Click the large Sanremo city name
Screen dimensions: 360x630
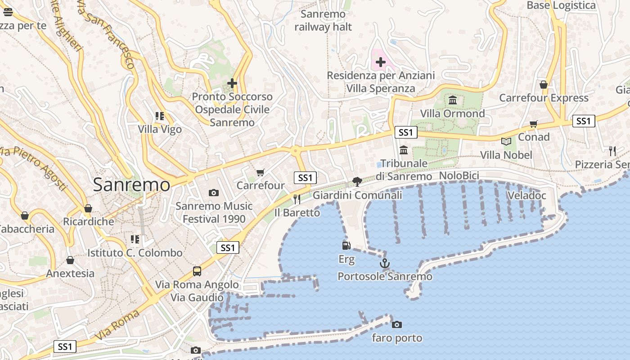[x=131, y=185]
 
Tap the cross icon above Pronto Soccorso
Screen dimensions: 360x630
[x=232, y=83]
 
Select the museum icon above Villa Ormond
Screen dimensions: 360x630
[x=453, y=100]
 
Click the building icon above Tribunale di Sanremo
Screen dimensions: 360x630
[x=404, y=150]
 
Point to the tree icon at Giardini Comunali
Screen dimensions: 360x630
[x=357, y=182]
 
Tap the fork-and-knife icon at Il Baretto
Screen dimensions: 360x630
[x=297, y=199]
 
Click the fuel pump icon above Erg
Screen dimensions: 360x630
[x=346, y=246]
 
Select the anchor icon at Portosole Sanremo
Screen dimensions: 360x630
[x=384, y=263]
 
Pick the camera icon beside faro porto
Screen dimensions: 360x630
[x=396, y=324]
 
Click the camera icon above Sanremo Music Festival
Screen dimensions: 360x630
[x=214, y=193]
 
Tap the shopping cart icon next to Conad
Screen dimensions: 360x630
[x=534, y=124]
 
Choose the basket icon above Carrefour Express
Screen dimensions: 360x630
[x=544, y=85]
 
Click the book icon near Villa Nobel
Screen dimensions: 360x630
[x=506, y=142]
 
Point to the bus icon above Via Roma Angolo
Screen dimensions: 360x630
[x=197, y=271]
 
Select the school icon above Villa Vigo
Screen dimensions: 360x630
[x=160, y=116]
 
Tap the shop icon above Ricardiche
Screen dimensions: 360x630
[x=88, y=208]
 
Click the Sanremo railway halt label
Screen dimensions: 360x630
[x=323, y=21]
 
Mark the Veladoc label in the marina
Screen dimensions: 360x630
[x=526, y=195]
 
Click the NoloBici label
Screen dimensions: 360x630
[x=459, y=175]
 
